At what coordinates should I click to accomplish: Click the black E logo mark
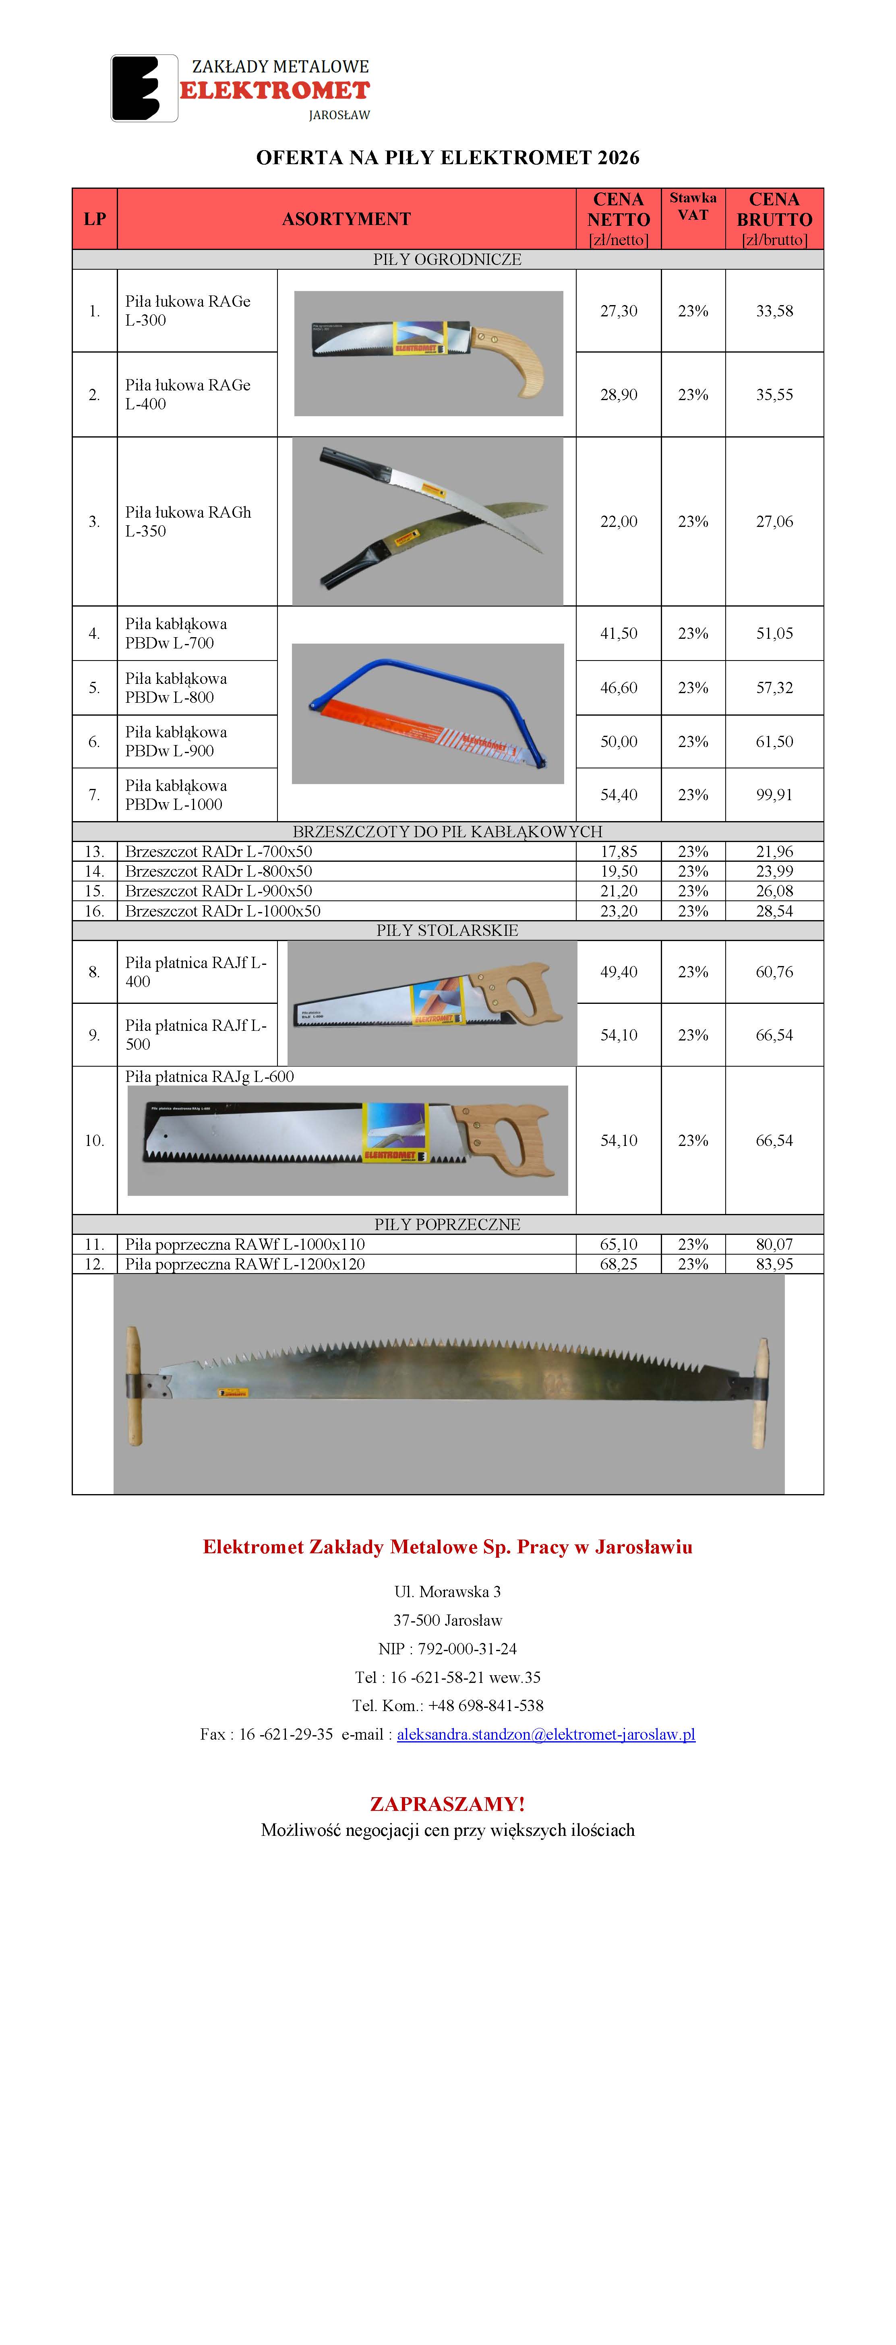144,88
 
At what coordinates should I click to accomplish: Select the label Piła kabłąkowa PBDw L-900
176,741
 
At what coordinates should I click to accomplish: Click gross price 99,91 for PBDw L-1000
774,795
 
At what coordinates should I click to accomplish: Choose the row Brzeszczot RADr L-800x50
219,871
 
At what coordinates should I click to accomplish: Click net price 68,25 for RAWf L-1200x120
618,1263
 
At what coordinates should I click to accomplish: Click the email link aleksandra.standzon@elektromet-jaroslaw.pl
545,1734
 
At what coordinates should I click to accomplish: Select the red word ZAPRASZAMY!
447,1803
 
